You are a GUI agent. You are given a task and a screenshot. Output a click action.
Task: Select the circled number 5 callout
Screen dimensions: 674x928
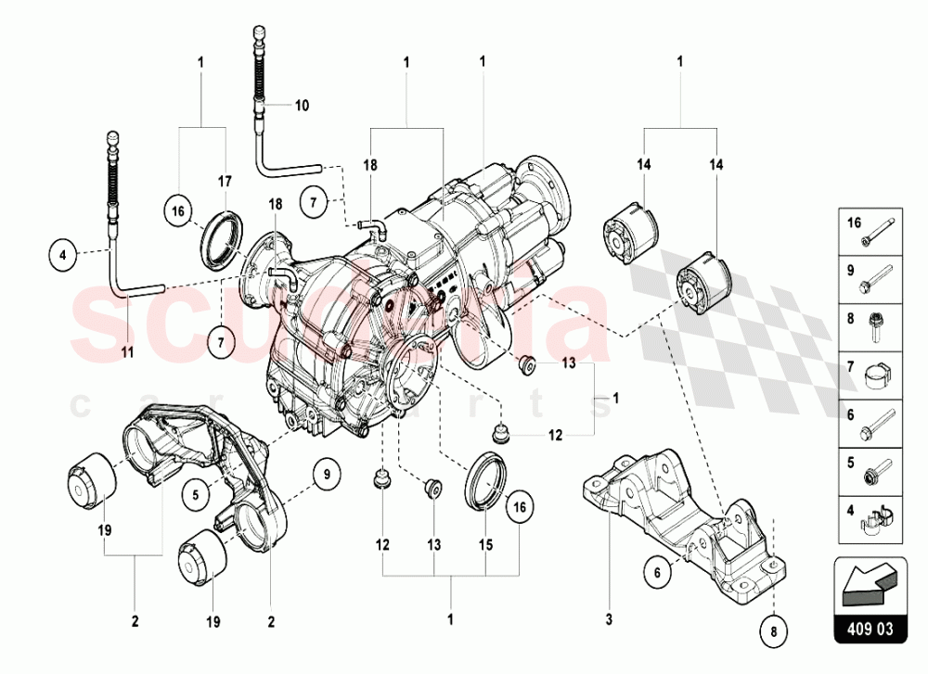pos(197,494)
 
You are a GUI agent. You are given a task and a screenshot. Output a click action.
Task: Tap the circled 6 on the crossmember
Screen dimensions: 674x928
pos(656,573)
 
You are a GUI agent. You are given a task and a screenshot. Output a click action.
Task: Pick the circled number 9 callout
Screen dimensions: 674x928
pos(327,475)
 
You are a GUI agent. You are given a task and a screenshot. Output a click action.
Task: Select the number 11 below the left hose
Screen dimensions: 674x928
pos(127,351)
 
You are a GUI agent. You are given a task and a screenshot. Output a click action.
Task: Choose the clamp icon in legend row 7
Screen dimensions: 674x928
pos(878,377)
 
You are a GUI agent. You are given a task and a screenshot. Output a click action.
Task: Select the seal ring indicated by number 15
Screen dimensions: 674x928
pos(484,479)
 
